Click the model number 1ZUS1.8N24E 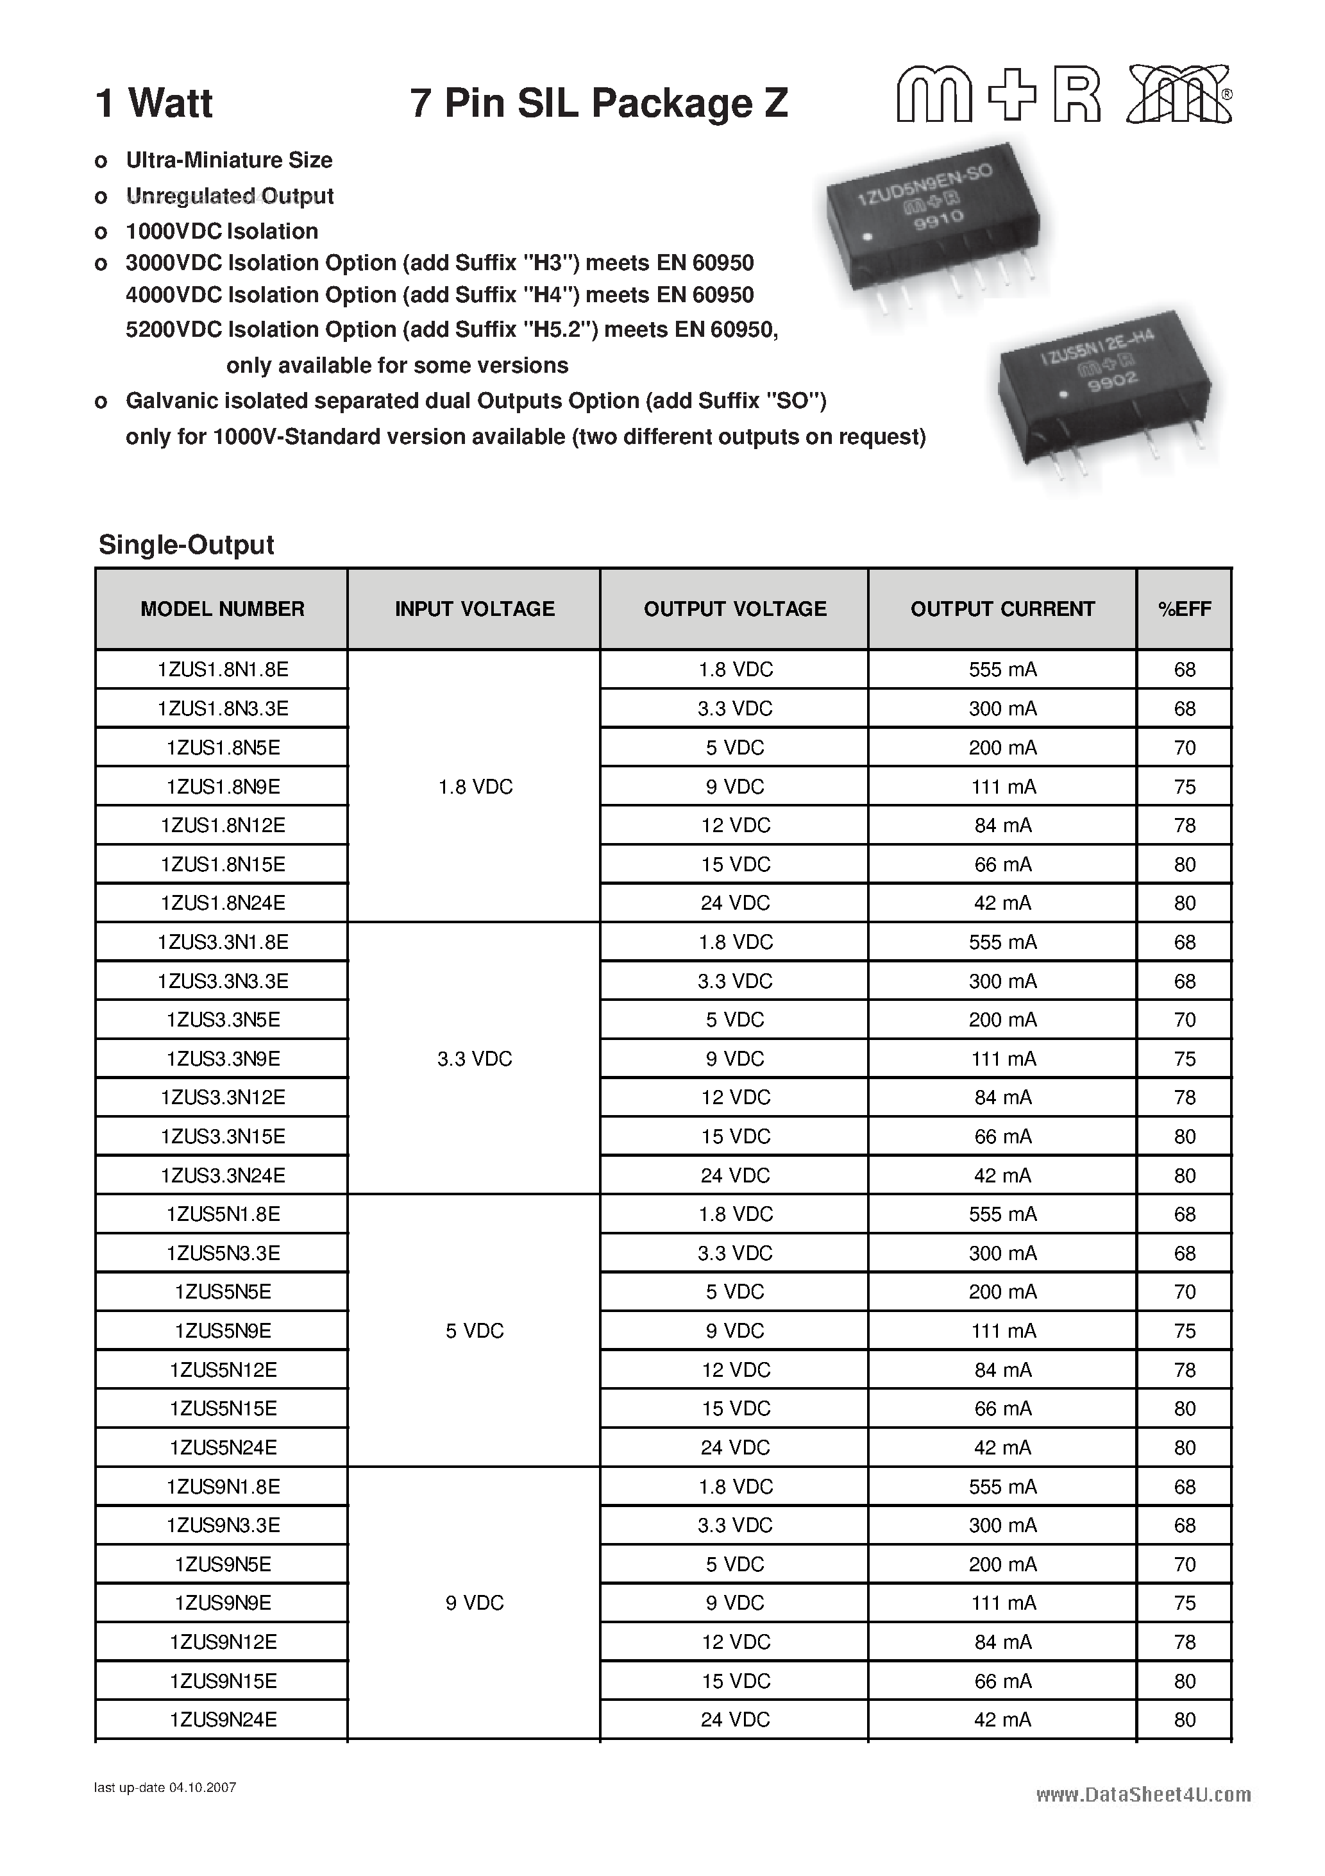click(222, 903)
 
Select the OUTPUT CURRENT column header click(1002, 609)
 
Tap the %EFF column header click(1185, 609)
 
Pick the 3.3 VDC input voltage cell click(474, 1059)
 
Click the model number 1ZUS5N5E click(222, 1292)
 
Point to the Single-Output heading click(186, 545)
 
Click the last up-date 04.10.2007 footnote click(165, 1787)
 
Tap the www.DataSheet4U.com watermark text click(1143, 1795)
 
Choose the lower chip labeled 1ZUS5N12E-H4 click(1103, 392)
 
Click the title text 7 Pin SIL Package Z click(599, 104)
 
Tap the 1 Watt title click(155, 104)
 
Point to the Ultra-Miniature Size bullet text click(229, 160)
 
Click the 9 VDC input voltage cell click(474, 1603)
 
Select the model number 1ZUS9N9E click(222, 1603)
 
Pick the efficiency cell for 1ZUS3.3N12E click(1185, 1097)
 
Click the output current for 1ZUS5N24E click(1002, 1448)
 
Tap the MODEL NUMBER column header click(222, 609)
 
